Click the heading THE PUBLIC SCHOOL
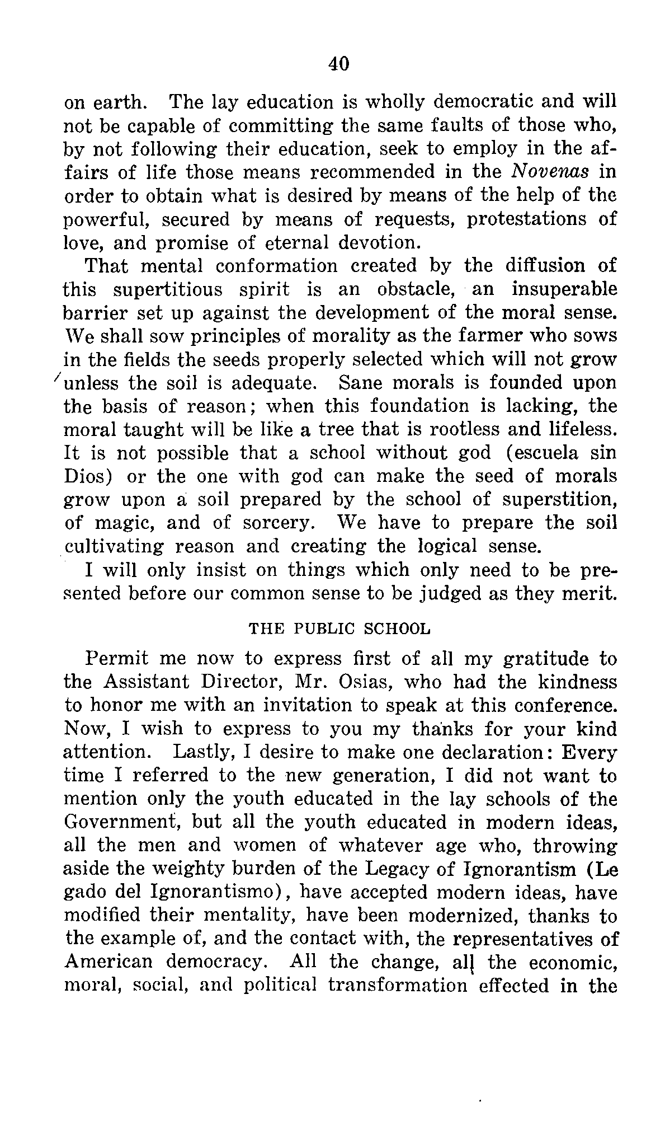pos(340,629)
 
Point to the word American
pos(109,962)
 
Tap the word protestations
pos(527,218)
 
